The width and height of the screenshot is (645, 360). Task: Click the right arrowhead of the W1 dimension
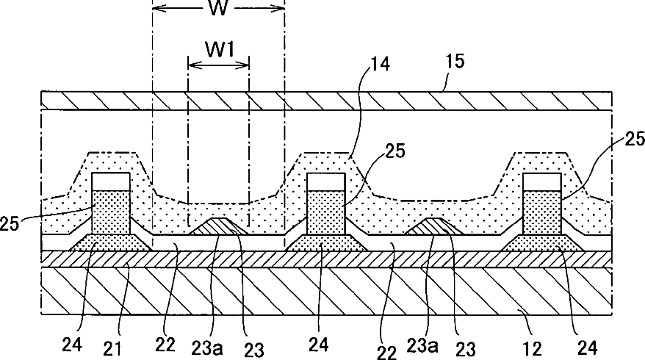(246, 65)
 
